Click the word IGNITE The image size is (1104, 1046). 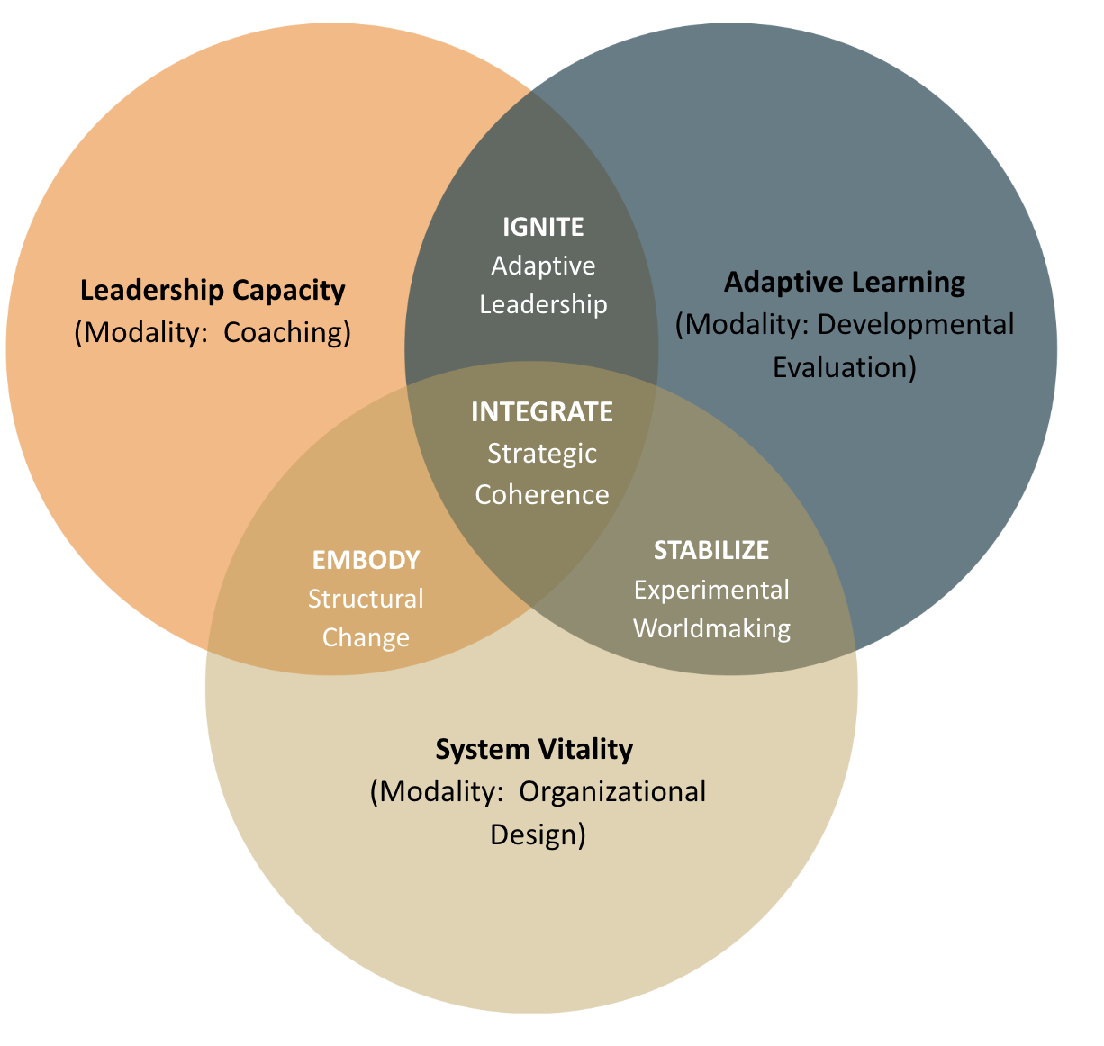pyautogui.click(x=543, y=227)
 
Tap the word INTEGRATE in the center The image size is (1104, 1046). pyautogui.click(x=542, y=412)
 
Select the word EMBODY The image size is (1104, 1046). pyautogui.click(x=366, y=560)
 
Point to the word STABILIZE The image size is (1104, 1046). pyautogui.click(x=711, y=550)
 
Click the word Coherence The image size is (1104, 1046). pyautogui.click(x=542, y=495)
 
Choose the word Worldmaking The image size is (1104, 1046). pyautogui.click(x=711, y=628)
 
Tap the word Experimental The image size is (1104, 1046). pyautogui.click(x=711, y=590)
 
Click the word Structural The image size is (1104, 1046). pyautogui.click(x=366, y=599)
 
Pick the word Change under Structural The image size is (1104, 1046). pyautogui.click(x=366, y=637)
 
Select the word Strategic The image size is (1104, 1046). pyautogui.click(x=542, y=454)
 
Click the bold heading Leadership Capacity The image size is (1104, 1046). pyautogui.click(x=213, y=291)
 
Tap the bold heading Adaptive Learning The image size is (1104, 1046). pyautogui.click(x=845, y=283)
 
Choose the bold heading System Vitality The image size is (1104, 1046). pyautogui.click(x=534, y=750)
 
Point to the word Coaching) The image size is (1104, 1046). pyautogui.click(x=287, y=333)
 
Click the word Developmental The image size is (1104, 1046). pyautogui.click(x=916, y=325)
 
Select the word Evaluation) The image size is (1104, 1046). pyautogui.click(x=845, y=367)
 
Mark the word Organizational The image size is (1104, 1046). pyautogui.click(x=613, y=792)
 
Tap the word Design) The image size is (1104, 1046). pyautogui.click(x=538, y=834)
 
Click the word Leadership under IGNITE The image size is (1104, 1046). pyautogui.click(x=543, y=304)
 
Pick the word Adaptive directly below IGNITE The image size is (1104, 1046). pyautogui.click(x=543, y=266)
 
